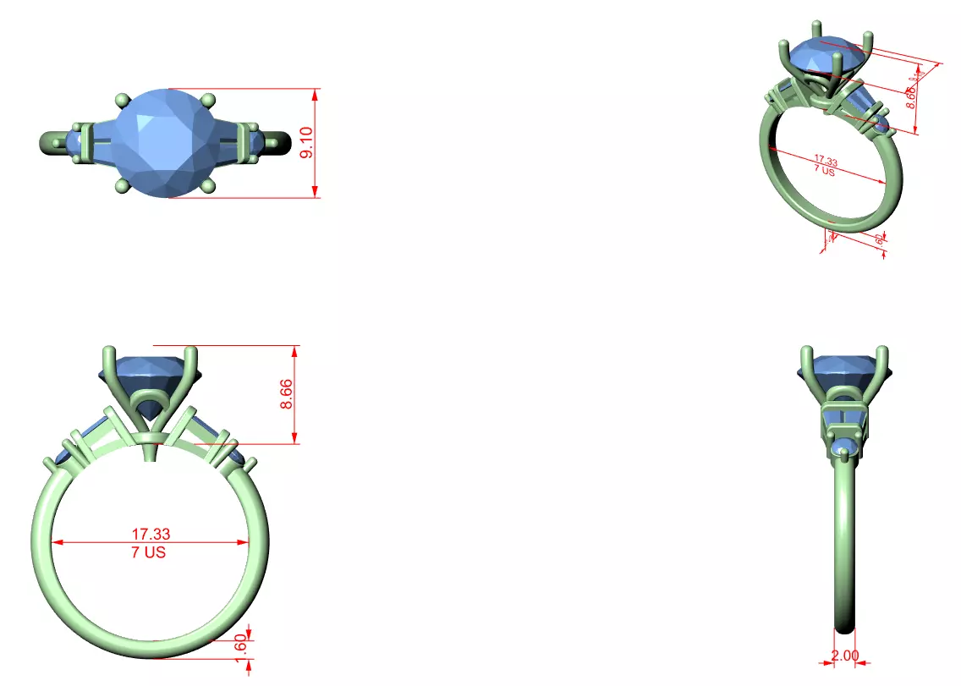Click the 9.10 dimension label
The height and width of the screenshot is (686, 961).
307,143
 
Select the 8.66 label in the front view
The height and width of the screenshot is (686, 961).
287,394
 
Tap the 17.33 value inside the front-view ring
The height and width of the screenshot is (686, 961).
151,534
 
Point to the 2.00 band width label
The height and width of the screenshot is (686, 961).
845,656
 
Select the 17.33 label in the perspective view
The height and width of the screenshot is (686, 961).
825,159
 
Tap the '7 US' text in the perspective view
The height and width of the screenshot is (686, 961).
824,170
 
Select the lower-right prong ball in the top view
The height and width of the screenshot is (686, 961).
211,185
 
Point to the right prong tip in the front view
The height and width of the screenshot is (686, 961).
192,354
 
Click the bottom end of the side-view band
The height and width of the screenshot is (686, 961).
844,627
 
